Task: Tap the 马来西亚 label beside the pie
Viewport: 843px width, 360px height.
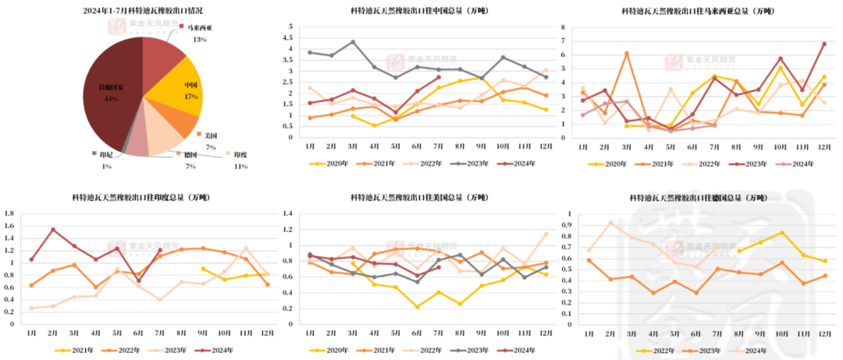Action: coord(199,27)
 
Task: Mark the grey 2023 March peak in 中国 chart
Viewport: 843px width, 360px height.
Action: coord(353,41)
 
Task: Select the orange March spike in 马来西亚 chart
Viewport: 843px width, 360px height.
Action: coord(627,53)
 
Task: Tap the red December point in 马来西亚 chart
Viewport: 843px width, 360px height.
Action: coord(823,44)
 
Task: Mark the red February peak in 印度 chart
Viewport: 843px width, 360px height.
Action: coord(53,230)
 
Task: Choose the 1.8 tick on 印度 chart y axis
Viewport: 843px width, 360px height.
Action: coord(9,213)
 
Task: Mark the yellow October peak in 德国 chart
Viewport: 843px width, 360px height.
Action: coord(781,233)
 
